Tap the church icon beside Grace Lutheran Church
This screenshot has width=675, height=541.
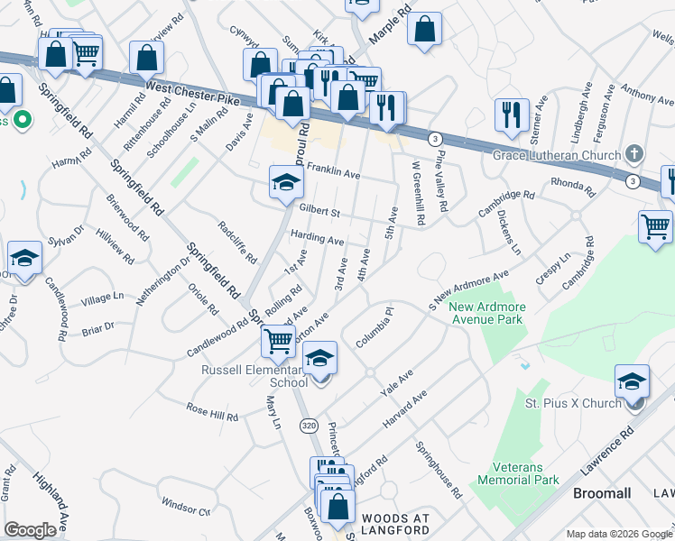point(634,154)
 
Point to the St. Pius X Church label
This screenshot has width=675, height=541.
point(573,403)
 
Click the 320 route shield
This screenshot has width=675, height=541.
point(309,425)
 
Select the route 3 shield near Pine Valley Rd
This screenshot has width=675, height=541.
point(436,138)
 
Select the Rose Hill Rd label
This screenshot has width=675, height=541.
point(212,412)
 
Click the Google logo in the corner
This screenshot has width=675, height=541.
point(30,530)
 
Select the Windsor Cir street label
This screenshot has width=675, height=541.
point(186,507)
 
